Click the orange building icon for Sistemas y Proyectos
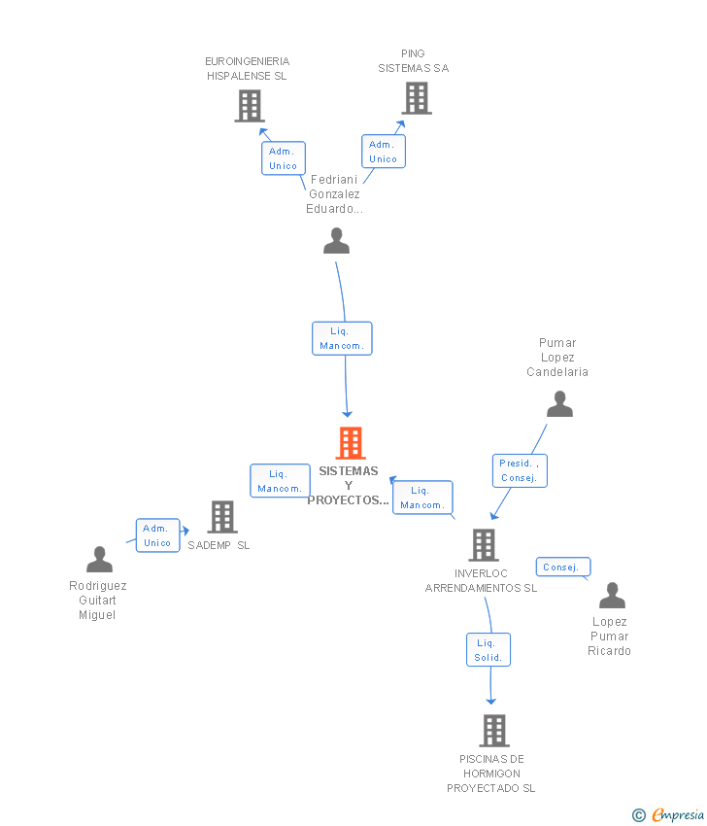coord(351,442)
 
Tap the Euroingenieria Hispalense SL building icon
coord(250,106)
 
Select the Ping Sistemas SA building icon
coord(417,98)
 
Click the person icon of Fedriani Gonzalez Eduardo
coord(336,241)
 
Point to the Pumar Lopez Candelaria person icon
coord(559,404)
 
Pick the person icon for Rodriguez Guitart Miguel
coord(99,560)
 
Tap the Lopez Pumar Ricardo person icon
coord(612,596)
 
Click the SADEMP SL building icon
coord(222,517)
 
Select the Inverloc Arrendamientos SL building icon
coord(484,545)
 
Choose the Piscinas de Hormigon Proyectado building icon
coord(493,731)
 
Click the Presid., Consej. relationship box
coord(520,470)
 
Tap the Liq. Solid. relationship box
coord(488,649)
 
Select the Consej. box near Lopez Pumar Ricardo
coord(563,567)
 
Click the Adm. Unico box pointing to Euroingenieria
coord(284,158)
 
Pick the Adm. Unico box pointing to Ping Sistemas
coord(384,152)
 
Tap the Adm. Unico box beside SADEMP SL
coord(158,535)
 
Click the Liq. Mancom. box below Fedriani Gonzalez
coord(342,338)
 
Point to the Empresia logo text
coord(678,814)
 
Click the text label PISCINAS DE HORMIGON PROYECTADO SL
coord(491,774)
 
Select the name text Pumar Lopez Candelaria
coord(557,358)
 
